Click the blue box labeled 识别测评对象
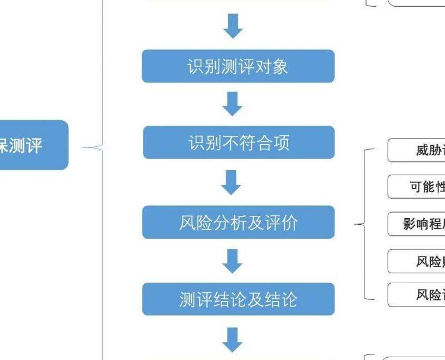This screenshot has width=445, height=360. coord(238,66)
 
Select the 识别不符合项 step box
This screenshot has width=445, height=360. coord(239,142)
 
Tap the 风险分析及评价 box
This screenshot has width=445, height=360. coord(238,222)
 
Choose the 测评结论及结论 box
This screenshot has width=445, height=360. coord(238,299)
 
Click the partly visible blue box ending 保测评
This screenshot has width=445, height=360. coord(33,145)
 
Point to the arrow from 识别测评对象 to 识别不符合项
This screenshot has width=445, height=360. coord(233,103)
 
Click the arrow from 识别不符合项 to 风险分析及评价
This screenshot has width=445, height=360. coord(233,181)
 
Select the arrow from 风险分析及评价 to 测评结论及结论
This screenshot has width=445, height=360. coord(233,260)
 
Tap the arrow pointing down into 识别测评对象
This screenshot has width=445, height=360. coord(233,26)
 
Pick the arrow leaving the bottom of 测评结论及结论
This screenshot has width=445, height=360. coord(233,339)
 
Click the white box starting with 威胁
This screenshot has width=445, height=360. coord(417,150)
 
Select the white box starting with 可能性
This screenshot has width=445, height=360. coord(417,187)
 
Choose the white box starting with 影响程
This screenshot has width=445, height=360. coord(417,224)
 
